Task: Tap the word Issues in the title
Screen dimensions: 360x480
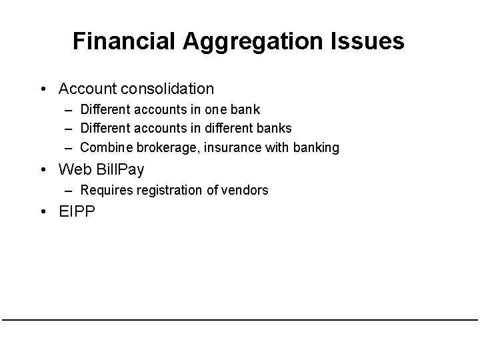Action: point(365,41)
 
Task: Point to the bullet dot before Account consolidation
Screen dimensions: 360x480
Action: point(43,89)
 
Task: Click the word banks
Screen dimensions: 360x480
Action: point(274,128)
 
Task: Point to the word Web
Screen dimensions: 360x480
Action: point(75,169)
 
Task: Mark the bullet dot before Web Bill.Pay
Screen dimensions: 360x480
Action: point(43,169)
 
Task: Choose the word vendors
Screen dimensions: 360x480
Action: point(247,190)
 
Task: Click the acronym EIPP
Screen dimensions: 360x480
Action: point(77,213)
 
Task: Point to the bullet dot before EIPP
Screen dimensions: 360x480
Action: point(43,213)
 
